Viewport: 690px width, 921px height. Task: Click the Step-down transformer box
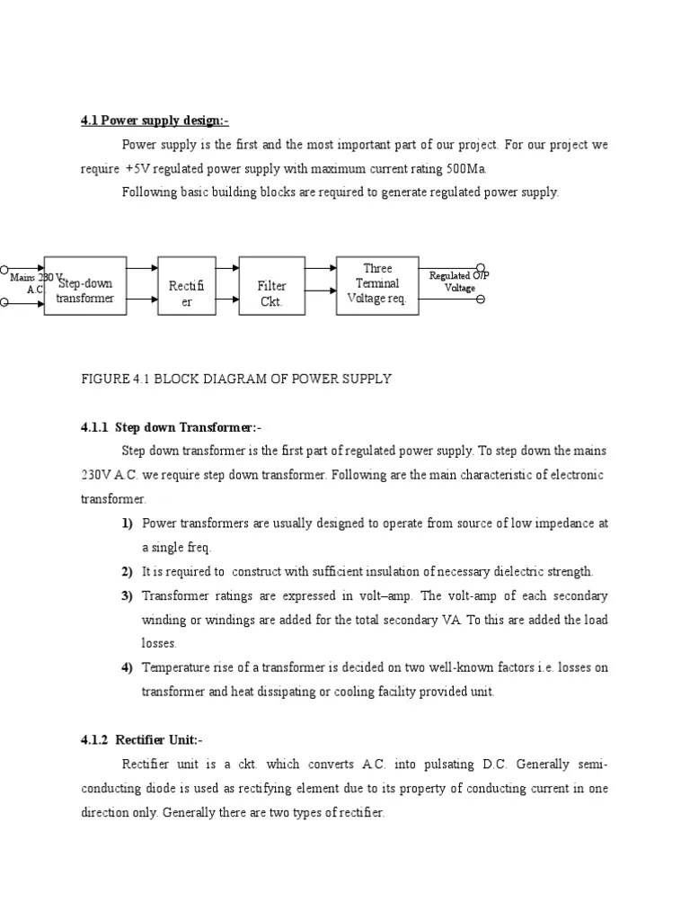[x=84, y=286]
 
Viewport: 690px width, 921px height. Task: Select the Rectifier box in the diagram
[x=187, y=286]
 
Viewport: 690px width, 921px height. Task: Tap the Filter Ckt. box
[x=271, y=286]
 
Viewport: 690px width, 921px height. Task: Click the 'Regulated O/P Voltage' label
[x=459, y=282]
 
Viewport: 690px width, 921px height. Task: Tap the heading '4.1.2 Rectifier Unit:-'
[x=142, y=740]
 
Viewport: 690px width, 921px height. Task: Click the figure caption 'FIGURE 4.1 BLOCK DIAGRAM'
[x=236, y=379]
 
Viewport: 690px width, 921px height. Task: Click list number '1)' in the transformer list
[x=127, y=523]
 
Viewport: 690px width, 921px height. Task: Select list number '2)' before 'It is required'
[x=127, y=571]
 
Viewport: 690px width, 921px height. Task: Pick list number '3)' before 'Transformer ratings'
[x=127, y=595]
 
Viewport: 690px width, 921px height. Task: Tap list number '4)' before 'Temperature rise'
[x=127, y=667]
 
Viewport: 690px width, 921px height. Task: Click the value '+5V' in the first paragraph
[x=139, y=168]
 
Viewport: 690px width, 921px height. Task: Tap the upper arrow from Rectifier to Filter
[x=227, y=268]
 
